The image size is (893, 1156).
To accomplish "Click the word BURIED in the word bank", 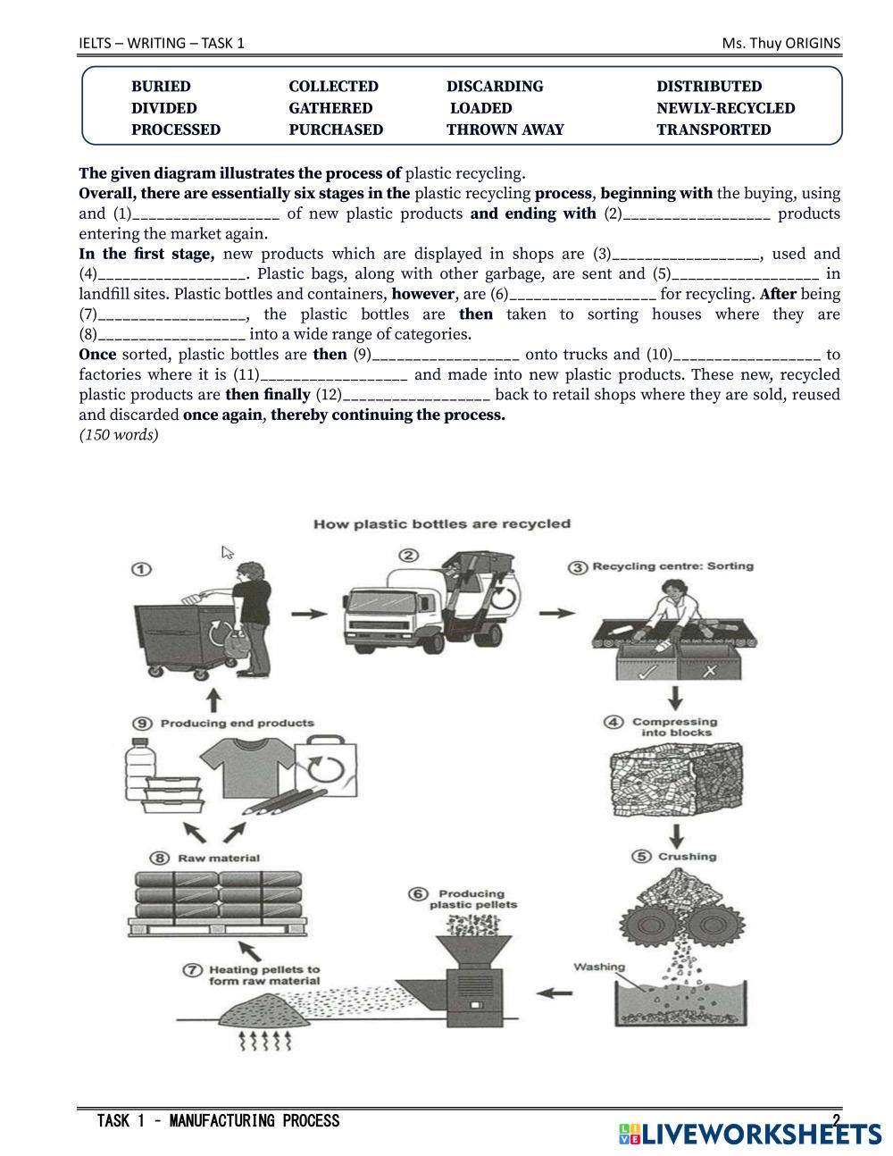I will (161, 87).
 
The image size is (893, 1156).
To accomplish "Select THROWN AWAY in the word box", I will (505, 130).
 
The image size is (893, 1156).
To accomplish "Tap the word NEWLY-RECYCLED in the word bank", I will (725, 108).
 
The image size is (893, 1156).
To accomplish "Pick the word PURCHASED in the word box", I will (336, 130).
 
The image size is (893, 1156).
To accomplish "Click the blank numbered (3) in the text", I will (686, 255).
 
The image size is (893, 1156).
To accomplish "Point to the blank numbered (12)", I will (416, 395).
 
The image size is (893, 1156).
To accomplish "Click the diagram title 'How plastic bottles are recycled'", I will (442, 524).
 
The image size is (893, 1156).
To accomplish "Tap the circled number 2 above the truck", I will (408, 556).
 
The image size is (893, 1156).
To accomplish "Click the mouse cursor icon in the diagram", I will (228, 552).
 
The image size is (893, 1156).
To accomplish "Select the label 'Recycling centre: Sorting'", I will (672, 566).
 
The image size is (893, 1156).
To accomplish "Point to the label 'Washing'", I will (599, 967).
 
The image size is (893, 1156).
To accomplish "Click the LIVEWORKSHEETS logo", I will (749, 1134).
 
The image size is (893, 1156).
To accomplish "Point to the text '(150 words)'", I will (118, 435).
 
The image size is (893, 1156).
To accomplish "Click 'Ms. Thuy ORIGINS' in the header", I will (781, 43).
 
